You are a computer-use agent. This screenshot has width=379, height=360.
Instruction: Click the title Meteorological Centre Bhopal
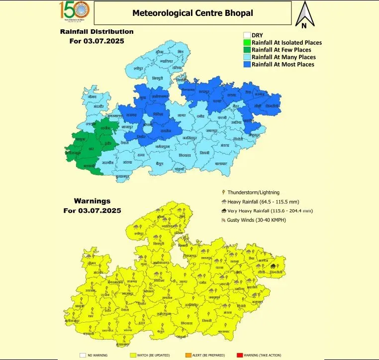[x=192, y=12]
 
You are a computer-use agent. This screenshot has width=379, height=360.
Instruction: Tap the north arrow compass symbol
[x=303, y=14]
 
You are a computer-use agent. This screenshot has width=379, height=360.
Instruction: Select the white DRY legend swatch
[x=246, y=35]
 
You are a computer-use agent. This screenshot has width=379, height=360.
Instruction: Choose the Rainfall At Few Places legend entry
[x=281, y=50]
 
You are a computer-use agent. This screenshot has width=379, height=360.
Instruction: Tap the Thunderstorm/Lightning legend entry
[x=254, y=192]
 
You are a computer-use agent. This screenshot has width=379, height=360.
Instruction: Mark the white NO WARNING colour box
[x=83, y=355]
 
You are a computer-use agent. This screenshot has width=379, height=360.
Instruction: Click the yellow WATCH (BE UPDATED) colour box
[x=133, y=355]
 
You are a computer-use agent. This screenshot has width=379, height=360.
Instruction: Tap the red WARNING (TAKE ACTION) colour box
[x=240, y=355]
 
